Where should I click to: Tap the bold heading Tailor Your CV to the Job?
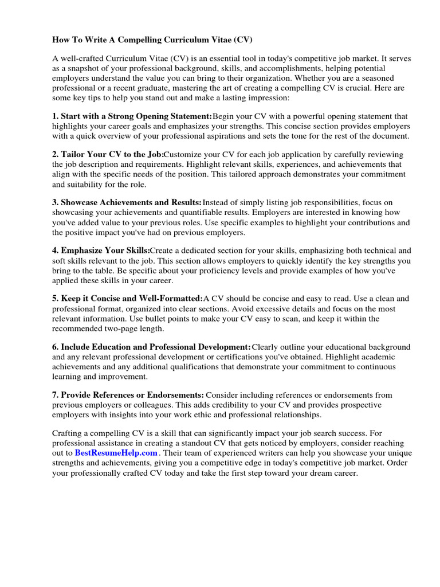(108, 155)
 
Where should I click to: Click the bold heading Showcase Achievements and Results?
(127, 202)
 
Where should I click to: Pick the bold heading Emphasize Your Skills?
(101, 251)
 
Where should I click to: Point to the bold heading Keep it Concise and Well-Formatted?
(127, 299)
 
